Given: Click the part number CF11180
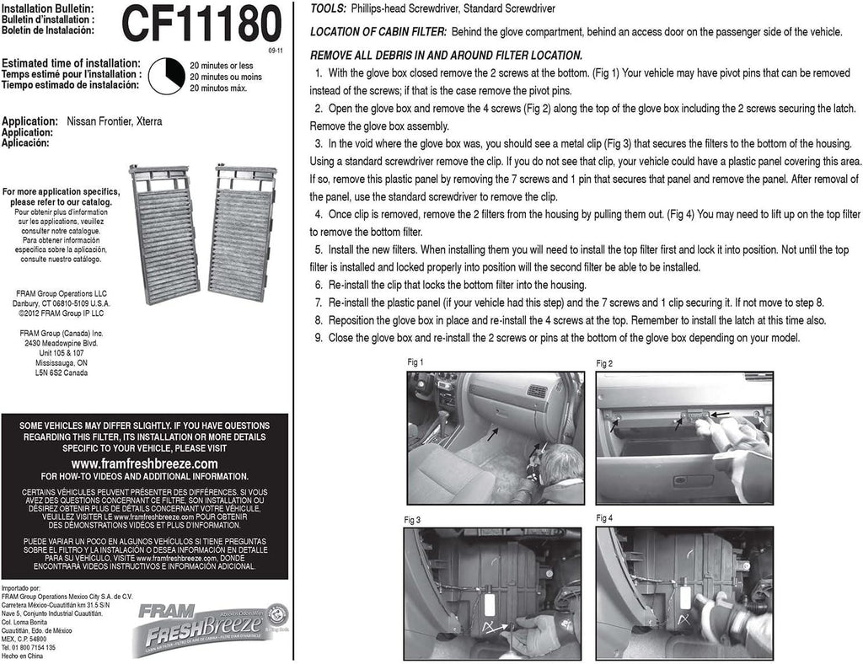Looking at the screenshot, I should coord(201,24).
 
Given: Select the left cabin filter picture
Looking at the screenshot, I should coord(164,234).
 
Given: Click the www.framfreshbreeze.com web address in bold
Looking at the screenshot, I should coord(144,463).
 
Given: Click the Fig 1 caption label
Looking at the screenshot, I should coord(415,361).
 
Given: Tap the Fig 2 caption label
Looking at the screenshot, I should coord(604,363).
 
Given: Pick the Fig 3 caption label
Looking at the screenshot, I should coord(412,520).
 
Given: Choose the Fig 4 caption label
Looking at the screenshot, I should coord(604,517).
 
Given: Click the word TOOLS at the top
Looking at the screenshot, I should coord(328,8).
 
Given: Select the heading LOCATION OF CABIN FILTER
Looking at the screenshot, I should coord(378,32).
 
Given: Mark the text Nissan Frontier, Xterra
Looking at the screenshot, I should coord(114,121).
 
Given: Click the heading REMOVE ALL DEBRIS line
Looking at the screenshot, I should coord(446,55).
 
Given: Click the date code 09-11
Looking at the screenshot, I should coord(276,51).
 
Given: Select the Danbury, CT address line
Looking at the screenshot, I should coord(61,302).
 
